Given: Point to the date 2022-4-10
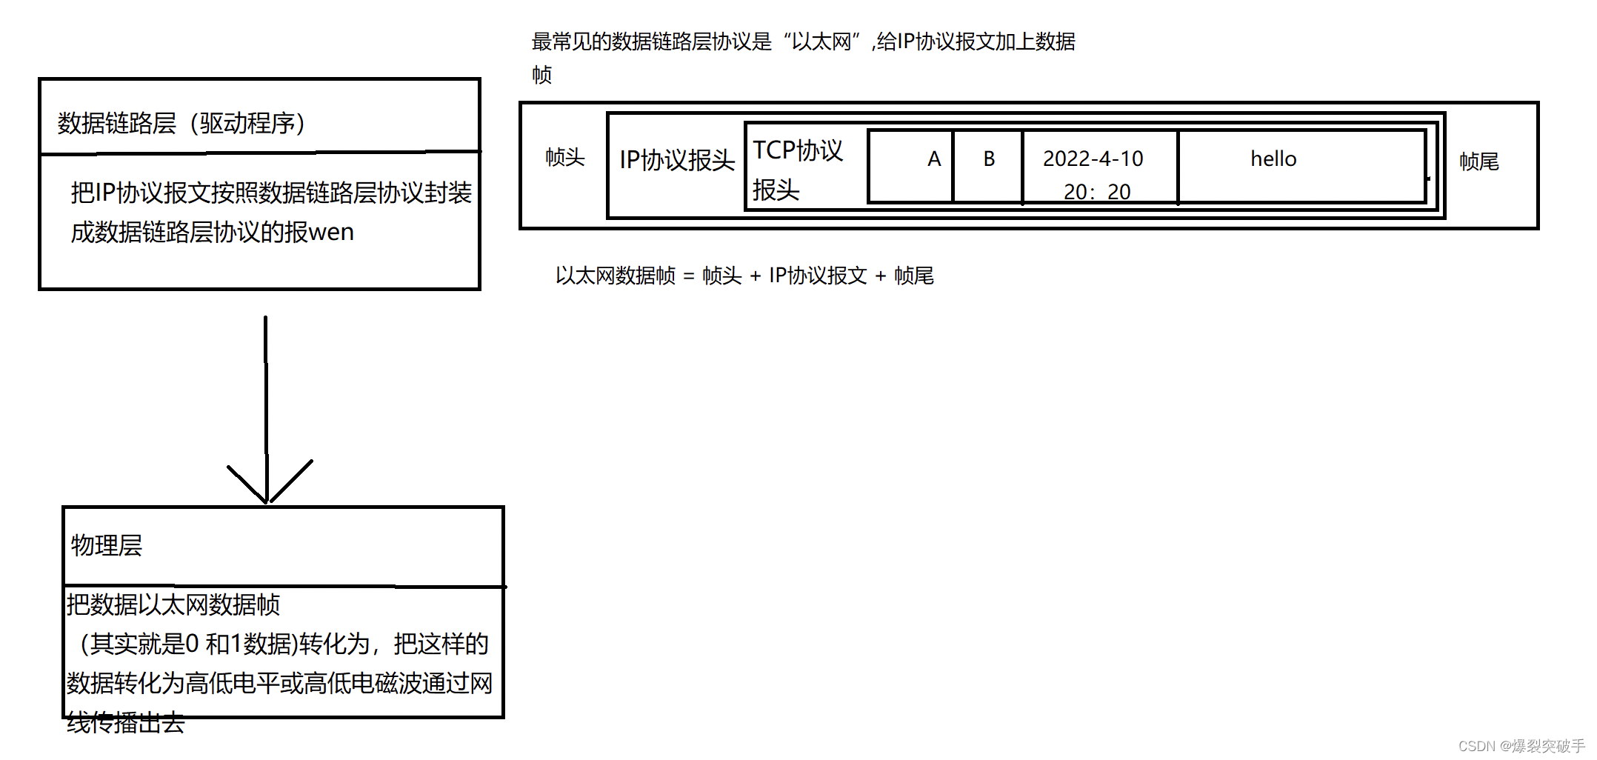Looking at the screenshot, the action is coord(1093,159).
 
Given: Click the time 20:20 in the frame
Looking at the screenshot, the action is coord(1097,192).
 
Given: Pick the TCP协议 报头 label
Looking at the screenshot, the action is coord(797,170).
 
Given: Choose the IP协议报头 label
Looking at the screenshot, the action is coord(677,160).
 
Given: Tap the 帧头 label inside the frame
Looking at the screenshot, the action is coord(565,157).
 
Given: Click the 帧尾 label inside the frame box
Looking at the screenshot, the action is coord(1479,161).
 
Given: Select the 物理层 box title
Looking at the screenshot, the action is coord(107,546).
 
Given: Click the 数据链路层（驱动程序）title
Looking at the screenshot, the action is coord(181,123).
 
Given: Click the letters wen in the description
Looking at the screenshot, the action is coord(331,233).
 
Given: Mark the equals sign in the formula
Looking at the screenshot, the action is coord(689,276).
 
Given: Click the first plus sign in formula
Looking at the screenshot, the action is coord(756,276).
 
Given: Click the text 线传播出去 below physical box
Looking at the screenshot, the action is coord(126,723).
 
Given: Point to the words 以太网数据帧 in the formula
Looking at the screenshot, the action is coord(616,276).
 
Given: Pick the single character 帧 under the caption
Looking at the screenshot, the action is coord(542,75).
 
